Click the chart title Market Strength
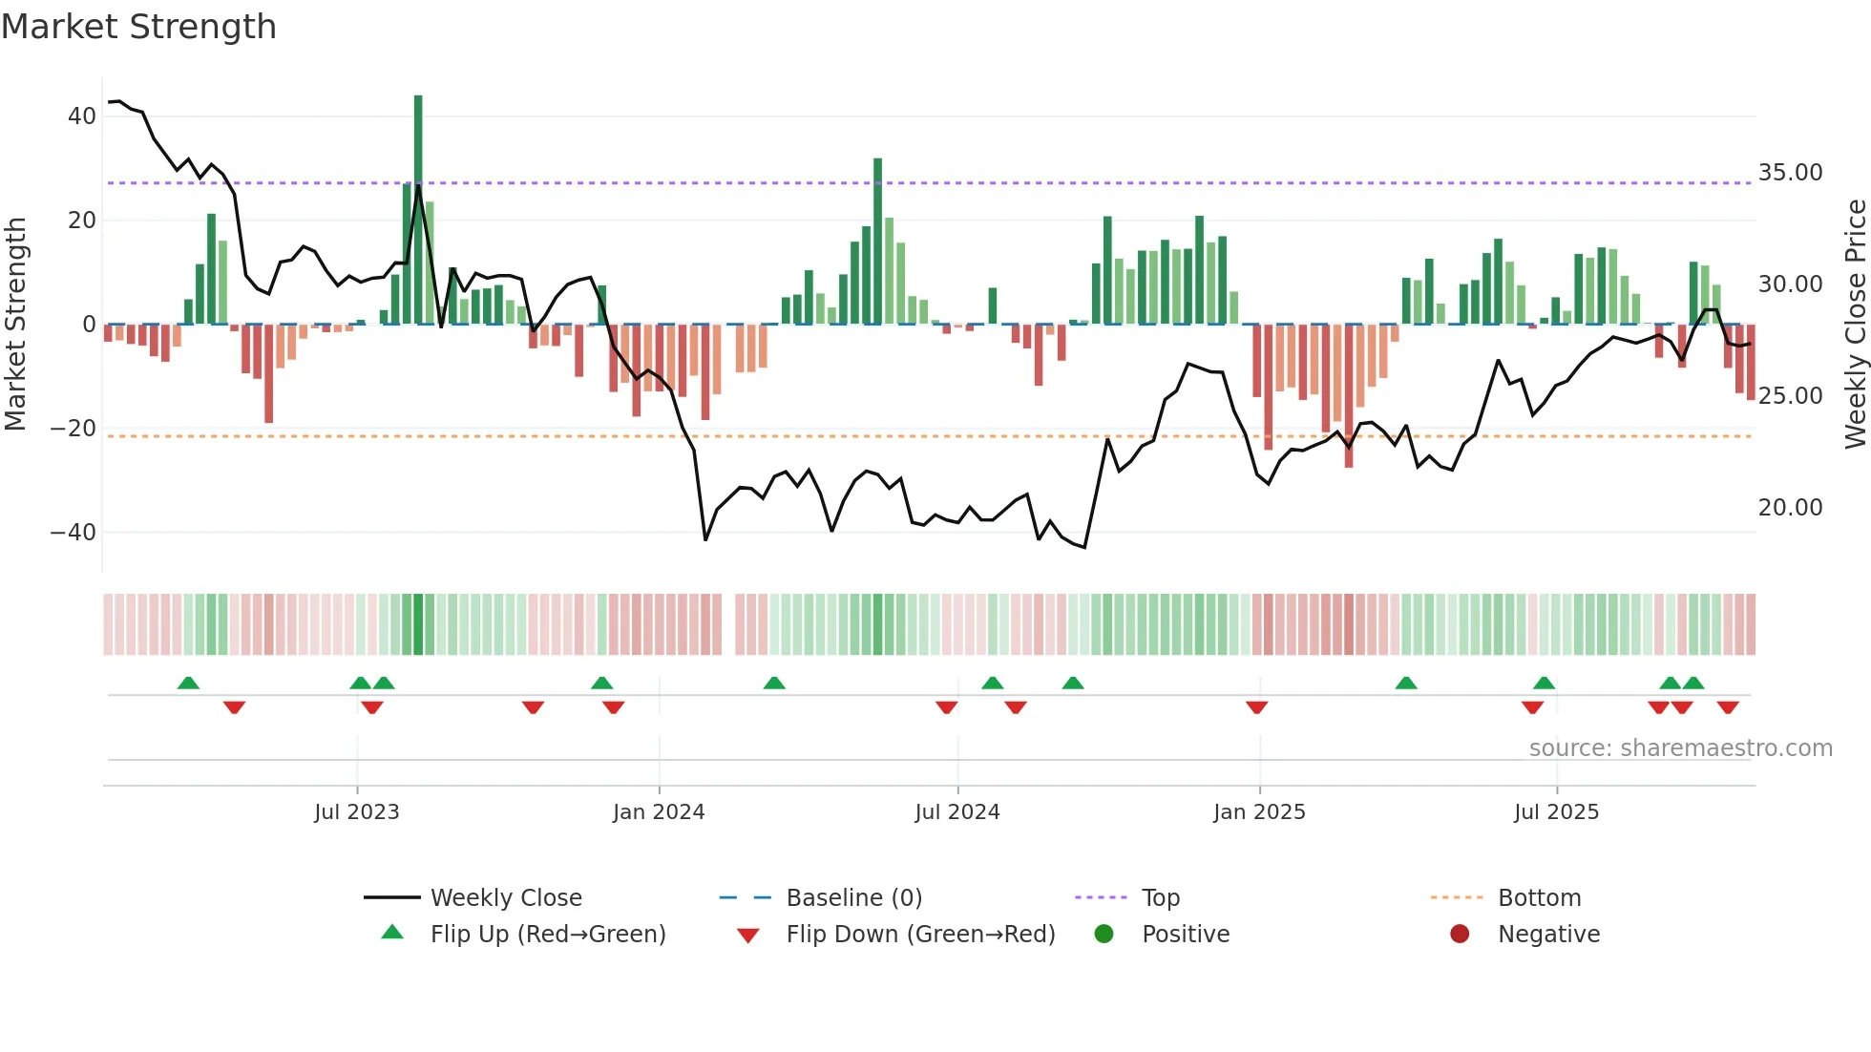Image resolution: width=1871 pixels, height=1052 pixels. pos(138,27)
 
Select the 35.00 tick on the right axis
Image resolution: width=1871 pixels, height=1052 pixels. pos(1790,173)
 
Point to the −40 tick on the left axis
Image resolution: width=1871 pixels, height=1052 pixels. pos(74,532)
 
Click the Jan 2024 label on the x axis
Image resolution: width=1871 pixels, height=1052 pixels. pos(659,812)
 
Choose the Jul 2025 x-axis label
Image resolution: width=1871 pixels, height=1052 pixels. pos(1556,812)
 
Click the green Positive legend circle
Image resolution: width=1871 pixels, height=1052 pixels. pos(1104,935)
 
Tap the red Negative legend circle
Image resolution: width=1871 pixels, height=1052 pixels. pos(1460,935)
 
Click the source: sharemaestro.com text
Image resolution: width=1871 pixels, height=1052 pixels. pos(1680,748)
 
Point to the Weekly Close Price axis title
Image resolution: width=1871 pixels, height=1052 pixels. pos(1855,325)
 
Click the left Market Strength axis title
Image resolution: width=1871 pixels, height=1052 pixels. pos(15,325)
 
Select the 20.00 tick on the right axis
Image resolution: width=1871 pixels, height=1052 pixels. pos(1790,508)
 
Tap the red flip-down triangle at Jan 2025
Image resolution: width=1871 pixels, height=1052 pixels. pos(1256,707)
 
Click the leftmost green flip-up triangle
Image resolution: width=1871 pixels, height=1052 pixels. pos(188,683)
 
